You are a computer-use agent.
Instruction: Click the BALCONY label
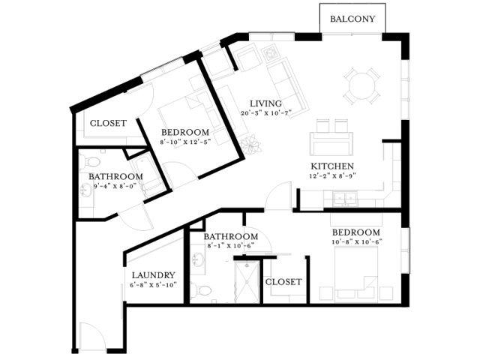click(x=352, y=19)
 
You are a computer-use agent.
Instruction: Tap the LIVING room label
click(x=265, y=103)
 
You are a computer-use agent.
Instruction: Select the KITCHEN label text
click(x=332, y=166)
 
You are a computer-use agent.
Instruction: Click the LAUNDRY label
click(x=153, y=275)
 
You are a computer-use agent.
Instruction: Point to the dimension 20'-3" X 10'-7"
click(x=265, y=113)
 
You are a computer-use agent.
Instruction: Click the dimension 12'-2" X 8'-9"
click(x=333, y=176)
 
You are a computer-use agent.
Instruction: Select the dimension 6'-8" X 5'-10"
click(x=154, y=285)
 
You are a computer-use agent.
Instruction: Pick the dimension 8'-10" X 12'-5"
click(x=185, y=142)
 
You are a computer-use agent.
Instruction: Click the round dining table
click(x=361, y=85)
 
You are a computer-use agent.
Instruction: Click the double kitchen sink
click(x=345, y=198)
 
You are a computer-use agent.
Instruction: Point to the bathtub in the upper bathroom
click(x=147, y=175)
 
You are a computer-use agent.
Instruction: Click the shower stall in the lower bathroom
click(x=247, y=282)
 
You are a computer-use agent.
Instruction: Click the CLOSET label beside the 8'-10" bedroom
click(x=108, y=123)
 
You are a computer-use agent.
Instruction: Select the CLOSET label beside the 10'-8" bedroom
click(x=283, y=282)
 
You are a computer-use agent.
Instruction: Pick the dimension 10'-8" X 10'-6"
click(x=357, y=241)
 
